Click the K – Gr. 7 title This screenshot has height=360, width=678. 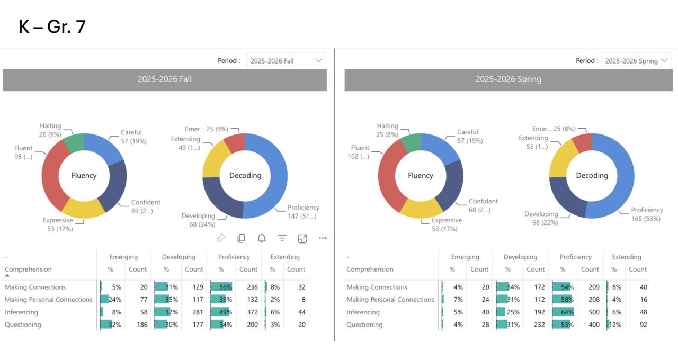coord(52,26)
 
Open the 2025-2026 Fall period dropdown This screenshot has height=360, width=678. coord(286,60)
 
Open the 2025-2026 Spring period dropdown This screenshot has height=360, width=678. coord(636,60)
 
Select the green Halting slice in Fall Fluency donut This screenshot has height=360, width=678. coord(74,142)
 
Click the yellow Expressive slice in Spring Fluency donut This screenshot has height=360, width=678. coord(421,209)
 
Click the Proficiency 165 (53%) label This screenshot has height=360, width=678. coord(647,214)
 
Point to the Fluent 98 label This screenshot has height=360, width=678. coord(23,152)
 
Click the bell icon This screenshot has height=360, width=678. coord(262,238)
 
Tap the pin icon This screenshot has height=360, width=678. coord(221,238)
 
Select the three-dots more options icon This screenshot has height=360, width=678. coord(323,238)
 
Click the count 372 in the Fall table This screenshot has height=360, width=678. coord(252,312)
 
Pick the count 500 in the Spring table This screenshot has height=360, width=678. coord(594,312)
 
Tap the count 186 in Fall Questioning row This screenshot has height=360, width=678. coord(142,325)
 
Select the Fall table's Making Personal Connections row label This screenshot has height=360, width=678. coord(48,300)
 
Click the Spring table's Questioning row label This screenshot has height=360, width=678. coord(364,325)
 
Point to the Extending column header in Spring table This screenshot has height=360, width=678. coord(627,257)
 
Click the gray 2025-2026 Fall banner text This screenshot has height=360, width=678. coord(165,79)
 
